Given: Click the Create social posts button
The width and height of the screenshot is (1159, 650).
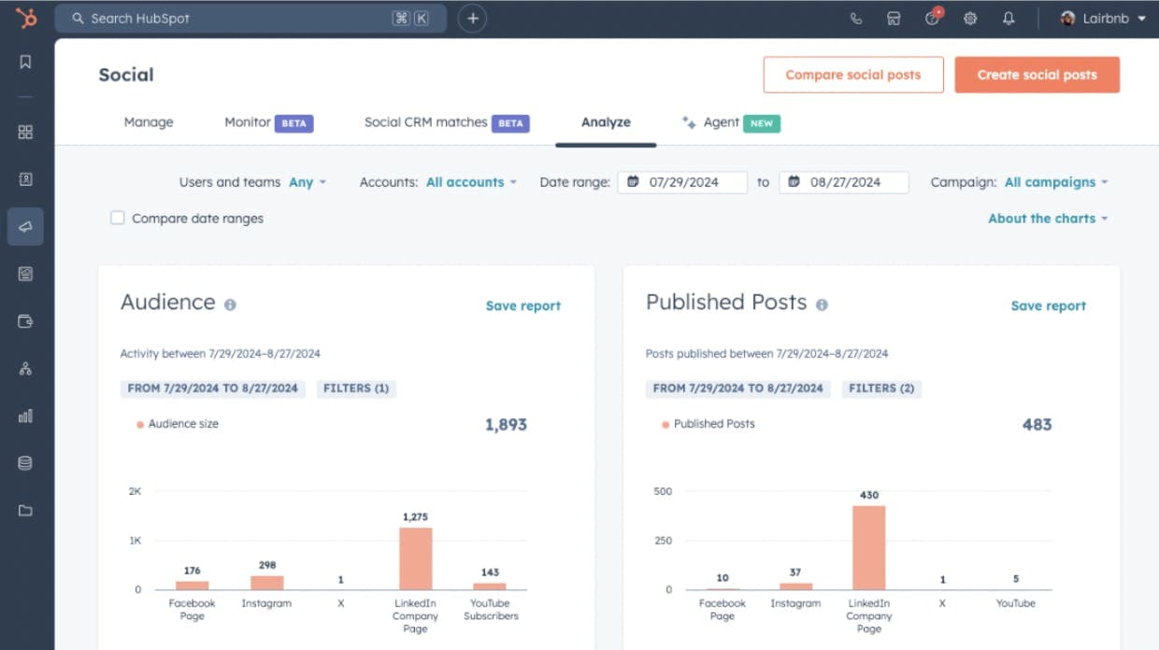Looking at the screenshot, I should pyautogui.click(x=1037, y=75).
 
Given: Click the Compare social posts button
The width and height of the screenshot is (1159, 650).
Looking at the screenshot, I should pyautogui.click(x=852, y=75).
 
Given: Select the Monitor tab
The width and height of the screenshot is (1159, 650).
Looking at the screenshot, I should pyautogui.click(x=248, y=122).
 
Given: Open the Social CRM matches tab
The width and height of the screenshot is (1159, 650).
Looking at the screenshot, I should pyautogui.click(x=426, y=122).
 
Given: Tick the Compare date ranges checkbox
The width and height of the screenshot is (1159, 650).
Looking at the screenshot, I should pyautogui.click(x=118, y=219).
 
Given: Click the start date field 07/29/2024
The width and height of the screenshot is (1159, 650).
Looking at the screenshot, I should pyautogui.click(x=683, y=182).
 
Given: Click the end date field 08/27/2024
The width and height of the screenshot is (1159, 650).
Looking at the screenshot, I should pyautogui.click(x=844, y=182).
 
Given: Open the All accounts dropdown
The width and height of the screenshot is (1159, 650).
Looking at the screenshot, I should pyautogui.click(x=471, y=182).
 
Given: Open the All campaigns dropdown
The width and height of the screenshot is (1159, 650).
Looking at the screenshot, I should pyautogui.click(x=1055, y=182).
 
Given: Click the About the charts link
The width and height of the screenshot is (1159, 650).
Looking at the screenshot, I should pyautogui.click(x=1047, y=219).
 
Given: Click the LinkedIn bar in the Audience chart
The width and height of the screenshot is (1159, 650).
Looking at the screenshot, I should pyautogui.click(x=415, y=558).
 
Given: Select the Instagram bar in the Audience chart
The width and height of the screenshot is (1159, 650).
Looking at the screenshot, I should pyautogui.click(x=266, y=582).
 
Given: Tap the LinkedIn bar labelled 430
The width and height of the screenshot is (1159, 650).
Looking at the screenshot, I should pyautogui.click(x=868, y=547).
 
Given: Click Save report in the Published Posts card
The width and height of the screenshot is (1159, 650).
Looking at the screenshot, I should pyautogui.click(x=1048, y=305).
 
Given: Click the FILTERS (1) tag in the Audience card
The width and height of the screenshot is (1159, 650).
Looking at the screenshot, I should pyautogui.click(x=355, y=388).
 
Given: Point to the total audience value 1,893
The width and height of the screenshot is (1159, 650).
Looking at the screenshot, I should pyautogui.click(x=506, y=424).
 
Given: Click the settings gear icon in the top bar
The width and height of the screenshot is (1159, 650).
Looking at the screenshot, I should pyautogui.click(x=970, y=19).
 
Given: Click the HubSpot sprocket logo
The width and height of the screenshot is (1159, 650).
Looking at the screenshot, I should pyautogui.click(x=26, y=18).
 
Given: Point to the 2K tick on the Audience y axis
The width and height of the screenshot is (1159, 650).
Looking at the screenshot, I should pyautogui.click(x=135, y=490).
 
